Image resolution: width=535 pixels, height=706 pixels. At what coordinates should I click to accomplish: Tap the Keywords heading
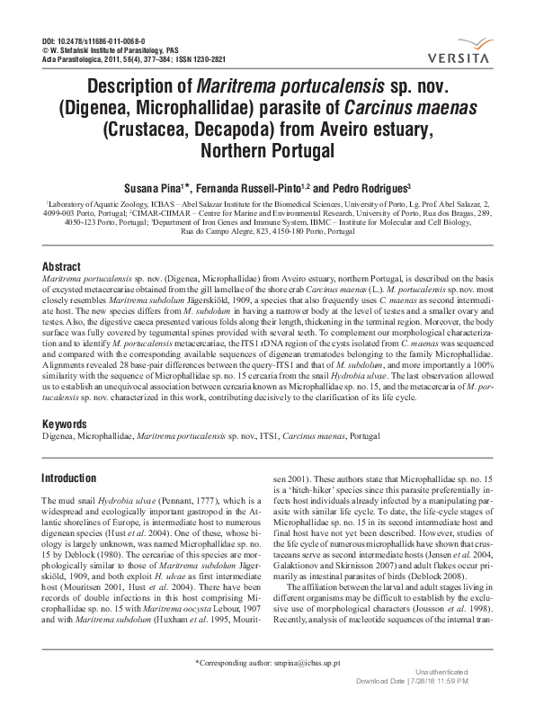tap(70, 424)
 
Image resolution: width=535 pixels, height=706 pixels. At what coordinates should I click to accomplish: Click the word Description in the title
tap(145, 90)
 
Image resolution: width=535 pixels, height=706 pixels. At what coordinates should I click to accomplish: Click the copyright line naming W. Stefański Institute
tap(111, 50)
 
